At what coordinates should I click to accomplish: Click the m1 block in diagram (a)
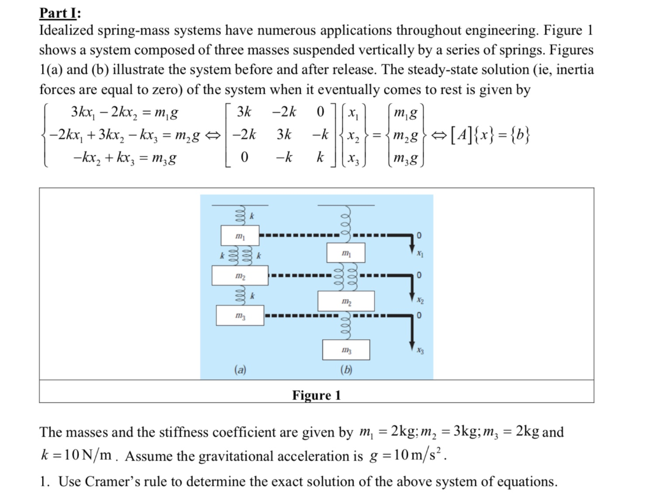click(239, 235)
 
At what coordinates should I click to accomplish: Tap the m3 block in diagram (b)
click(346, 350)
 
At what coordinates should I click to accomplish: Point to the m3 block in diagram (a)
click(239, 316)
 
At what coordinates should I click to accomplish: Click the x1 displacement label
click(419, 255)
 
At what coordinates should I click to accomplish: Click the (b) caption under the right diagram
click(346, 369)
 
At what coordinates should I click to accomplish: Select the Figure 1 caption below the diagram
click(316, 396)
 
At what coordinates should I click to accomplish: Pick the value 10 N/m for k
click(84, 456)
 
